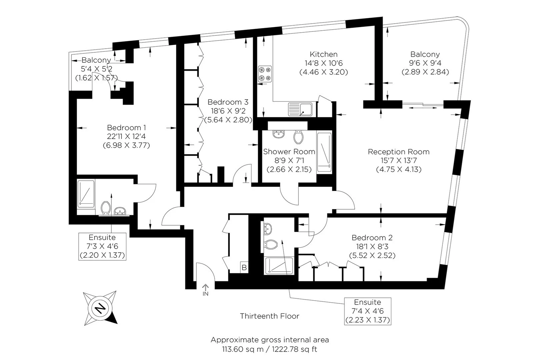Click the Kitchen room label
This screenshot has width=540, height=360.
324,54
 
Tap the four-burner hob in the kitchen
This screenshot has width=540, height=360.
265,74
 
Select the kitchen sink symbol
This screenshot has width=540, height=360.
300,109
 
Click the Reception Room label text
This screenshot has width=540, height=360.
398,152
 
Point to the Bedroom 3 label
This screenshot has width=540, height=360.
228,102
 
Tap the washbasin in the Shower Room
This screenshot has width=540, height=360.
279,134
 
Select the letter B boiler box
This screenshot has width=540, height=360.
244,267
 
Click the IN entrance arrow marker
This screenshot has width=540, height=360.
205,290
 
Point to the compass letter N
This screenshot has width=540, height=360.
100,308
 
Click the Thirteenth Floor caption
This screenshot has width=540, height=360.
270,316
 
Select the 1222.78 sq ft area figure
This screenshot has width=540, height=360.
295,349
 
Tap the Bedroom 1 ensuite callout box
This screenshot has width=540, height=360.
102,246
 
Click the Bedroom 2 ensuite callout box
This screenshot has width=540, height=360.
368,311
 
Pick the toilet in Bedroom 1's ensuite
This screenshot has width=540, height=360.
106,208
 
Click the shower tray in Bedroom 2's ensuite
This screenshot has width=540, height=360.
279,266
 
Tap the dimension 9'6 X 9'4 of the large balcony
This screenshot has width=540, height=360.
425,63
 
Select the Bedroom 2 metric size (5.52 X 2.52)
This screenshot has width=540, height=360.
372,255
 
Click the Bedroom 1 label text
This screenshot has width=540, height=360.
126,128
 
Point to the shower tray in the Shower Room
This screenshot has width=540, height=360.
324,152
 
